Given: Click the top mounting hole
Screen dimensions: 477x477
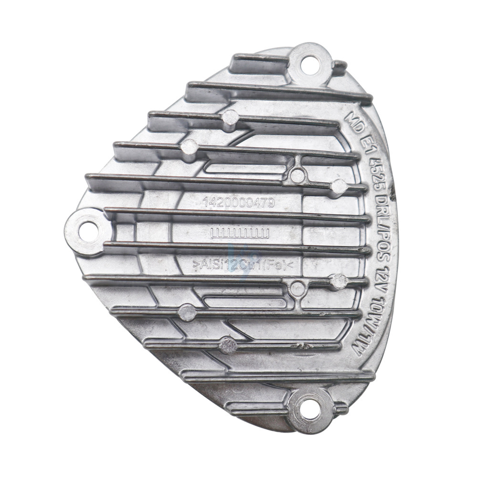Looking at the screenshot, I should pyautogui.click(x=310, y=62).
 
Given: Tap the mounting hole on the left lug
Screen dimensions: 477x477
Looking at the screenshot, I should pyautogui.click(x=85, y=231).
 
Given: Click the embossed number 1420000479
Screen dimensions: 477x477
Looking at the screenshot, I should pyautogui.click(x=238, y=203).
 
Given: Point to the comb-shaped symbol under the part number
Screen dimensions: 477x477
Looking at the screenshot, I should pyautogui.click(x=240, y=233).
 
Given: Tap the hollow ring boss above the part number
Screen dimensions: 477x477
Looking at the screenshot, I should pyautogui.click(x=297, y=175).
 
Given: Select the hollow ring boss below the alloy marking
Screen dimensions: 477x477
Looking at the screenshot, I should pyautogui.click(x=297, y=288).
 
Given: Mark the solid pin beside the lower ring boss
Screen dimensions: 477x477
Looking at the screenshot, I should pyautogui.click(x=339, y=281).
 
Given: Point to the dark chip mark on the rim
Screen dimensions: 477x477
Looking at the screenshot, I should pyautogui.click(x=394, y=196).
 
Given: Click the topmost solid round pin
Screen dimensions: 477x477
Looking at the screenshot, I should pyautogui.click(x=230, y=117).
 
